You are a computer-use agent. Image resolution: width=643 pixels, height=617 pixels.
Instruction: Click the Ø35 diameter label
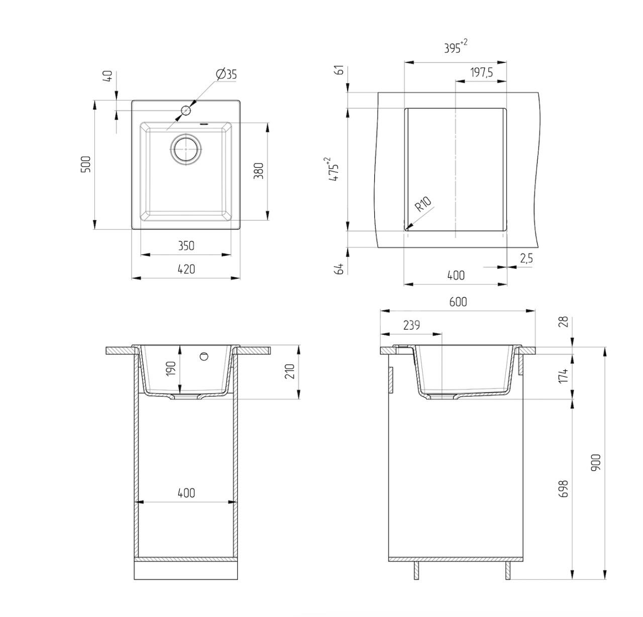tap(227, 74)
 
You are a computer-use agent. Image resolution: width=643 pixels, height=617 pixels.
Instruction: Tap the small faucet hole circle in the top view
tap(186, 111)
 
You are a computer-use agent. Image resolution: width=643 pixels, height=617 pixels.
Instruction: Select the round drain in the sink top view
tap(186, 148)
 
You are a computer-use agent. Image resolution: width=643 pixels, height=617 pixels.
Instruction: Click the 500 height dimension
tap(86, 164)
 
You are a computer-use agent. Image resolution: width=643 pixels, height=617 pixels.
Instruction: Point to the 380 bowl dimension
tap(259, 171)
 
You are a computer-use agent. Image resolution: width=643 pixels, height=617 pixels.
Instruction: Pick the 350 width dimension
tap(186, 246)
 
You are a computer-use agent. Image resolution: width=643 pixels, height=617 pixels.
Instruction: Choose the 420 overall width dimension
tap(186, 269)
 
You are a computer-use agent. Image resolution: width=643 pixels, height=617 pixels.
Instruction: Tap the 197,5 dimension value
tap(481, 72)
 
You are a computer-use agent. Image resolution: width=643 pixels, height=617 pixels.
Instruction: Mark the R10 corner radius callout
tap(423, 204)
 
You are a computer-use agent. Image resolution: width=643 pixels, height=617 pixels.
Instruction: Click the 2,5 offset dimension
tap(526, 259)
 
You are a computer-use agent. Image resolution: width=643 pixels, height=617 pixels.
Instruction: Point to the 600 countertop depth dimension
tap(458, 301)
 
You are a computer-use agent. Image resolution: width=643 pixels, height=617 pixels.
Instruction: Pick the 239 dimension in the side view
tap(411, 326)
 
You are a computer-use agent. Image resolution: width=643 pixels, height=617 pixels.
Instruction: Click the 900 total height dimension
tap(596, 462)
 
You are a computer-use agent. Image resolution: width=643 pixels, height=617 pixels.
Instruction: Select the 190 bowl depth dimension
tap(171, 368)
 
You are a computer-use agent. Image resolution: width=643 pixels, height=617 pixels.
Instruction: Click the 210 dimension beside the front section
tap(290, 371)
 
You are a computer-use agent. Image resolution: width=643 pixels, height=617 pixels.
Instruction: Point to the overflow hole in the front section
tap(203, 356)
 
